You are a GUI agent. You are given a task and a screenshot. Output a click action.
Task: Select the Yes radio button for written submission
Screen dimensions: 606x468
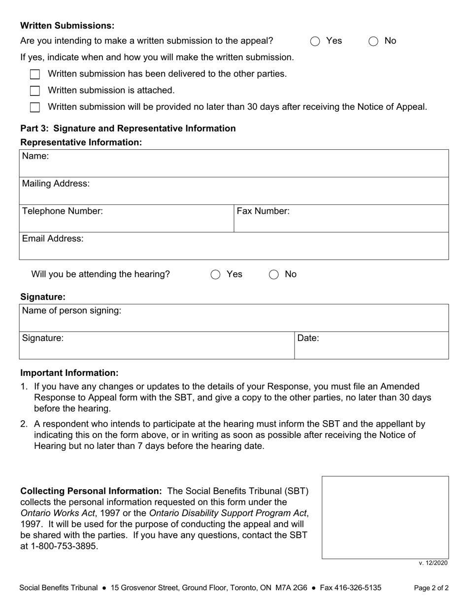[x=315, y=41]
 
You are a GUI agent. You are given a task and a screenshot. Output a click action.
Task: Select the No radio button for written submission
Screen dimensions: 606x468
[x=373, y=41]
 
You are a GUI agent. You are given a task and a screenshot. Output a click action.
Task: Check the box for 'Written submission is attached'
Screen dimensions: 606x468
[x=35, y=91]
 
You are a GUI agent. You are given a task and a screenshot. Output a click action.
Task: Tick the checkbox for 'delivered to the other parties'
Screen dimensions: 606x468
[x=35, y=74]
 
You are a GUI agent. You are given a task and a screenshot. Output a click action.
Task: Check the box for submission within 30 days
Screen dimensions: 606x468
[x=35, y=107]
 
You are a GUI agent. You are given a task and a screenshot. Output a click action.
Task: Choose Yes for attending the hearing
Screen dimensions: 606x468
[x=215, y=275]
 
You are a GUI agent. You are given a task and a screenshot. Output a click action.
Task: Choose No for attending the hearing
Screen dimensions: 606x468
[x=274, y=275]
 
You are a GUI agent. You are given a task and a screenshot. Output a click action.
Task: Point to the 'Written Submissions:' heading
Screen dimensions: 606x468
[x=67, y=26]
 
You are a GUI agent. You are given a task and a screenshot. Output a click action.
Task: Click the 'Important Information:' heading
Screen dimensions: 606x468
[x=69, y=373]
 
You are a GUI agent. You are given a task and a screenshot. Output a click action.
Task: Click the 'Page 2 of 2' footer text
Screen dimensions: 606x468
[x=431, y=588]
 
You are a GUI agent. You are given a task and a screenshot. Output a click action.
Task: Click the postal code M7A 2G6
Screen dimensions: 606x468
[x=291, y=588]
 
